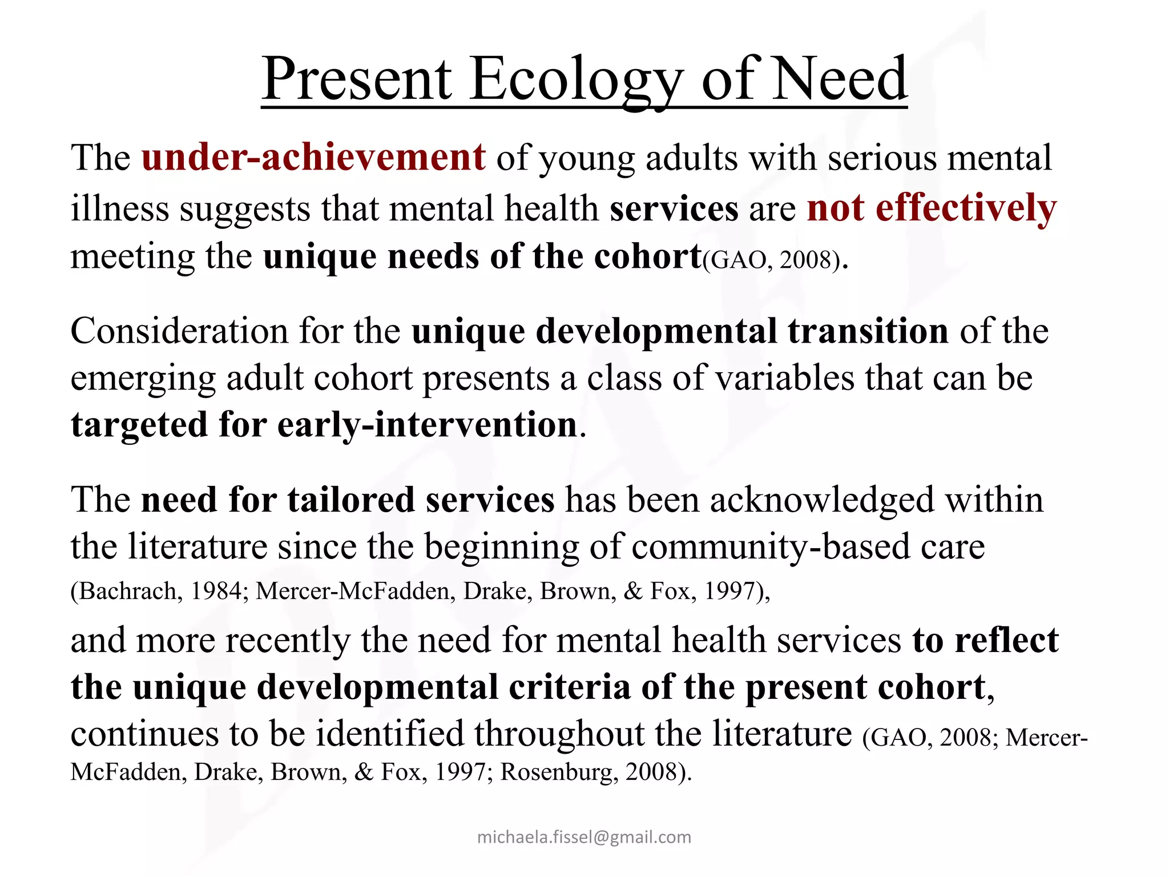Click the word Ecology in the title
pyautogui.click(x=577, y=80)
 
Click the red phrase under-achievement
pyautogui.click(x=313, y=158)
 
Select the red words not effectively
pyautogui.click(x=932, y=208)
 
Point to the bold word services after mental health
pyautogui.click(x=674, y=208)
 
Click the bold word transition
pyautogui.click(x=868, y=331)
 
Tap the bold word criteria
pyautogui.click(x=569, y=687)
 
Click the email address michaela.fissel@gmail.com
pyautogui.click(x=584, y=837)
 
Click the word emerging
pyautogui.click(x=143, y=379)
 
